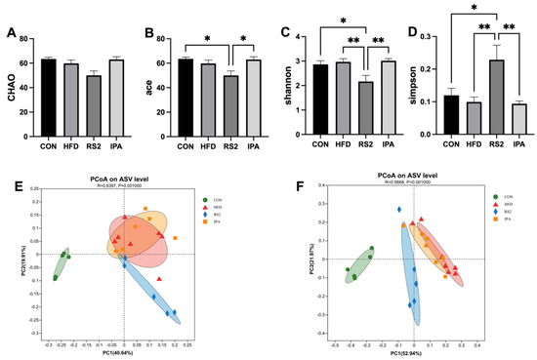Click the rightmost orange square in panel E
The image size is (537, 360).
176,238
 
